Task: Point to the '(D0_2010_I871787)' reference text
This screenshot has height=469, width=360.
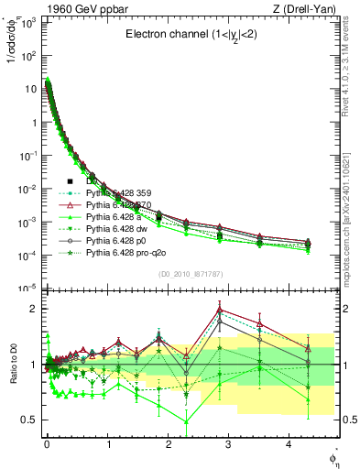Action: pyautogui.click(x=191, y=274)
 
